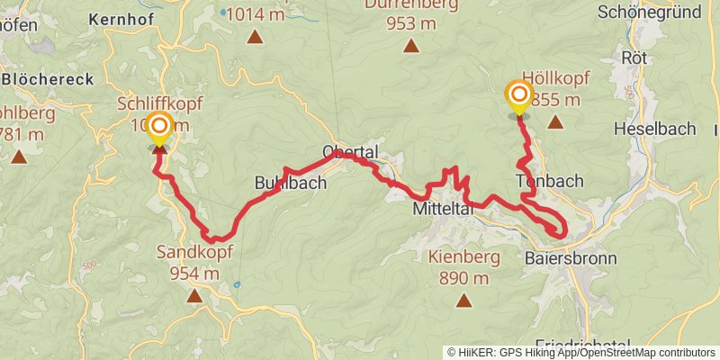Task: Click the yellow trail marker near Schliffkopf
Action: [x=159, y=129]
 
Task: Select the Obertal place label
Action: [x=351, y=151]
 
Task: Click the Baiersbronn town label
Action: [x=571, y=258]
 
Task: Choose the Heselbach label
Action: [x=654, y=129]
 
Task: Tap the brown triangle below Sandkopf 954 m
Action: [x=194, y=294]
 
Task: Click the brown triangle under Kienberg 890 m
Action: [x=463, y=300]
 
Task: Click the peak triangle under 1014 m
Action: [x=256, y=37]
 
